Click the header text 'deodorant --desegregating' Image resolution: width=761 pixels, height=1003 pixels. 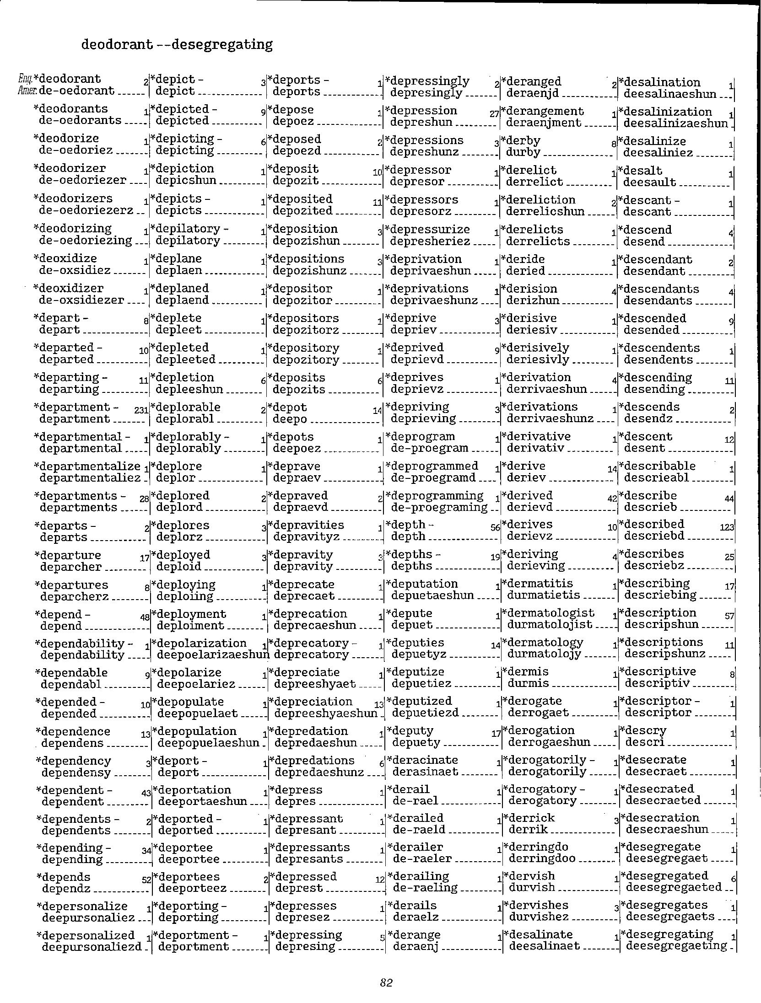coord(177,44)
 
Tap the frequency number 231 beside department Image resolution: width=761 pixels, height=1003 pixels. coord(141,410)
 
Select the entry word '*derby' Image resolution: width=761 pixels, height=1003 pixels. coord(521,140)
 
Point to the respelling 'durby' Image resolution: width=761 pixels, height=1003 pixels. coord(523,152)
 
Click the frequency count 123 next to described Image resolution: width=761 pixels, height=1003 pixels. coord(727,527)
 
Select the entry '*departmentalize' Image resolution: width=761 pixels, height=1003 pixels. coord(87,466)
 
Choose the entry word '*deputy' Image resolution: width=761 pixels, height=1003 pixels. coord(410,730)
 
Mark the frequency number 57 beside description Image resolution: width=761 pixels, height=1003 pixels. coord(730,616)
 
